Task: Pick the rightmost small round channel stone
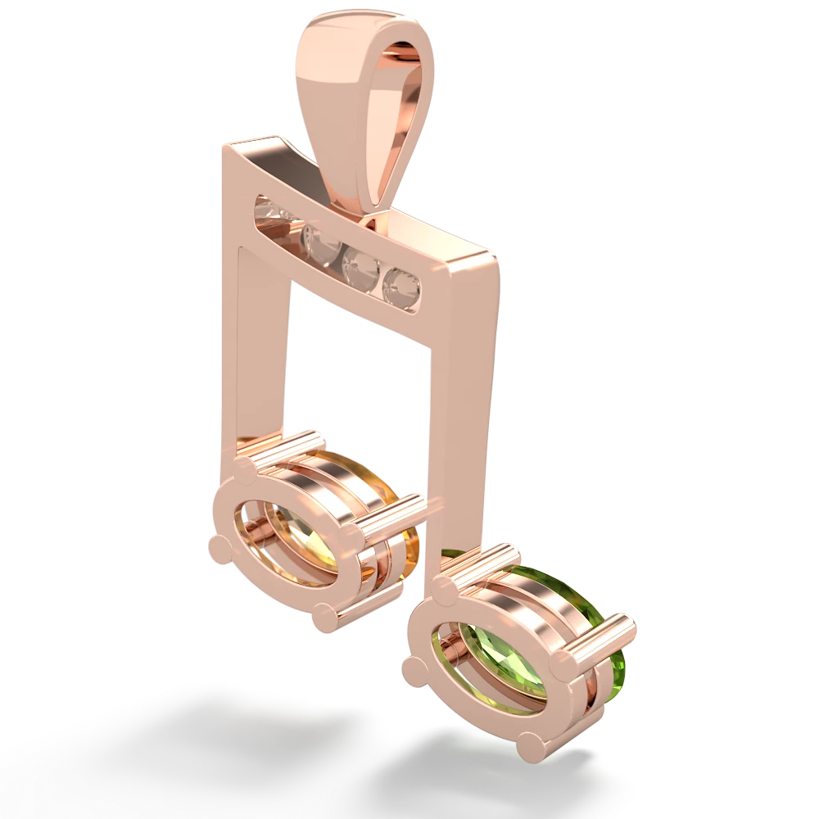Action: coord(402,284)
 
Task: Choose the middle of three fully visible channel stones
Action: coord(359,264)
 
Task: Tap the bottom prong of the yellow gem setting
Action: coord(328,617)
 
